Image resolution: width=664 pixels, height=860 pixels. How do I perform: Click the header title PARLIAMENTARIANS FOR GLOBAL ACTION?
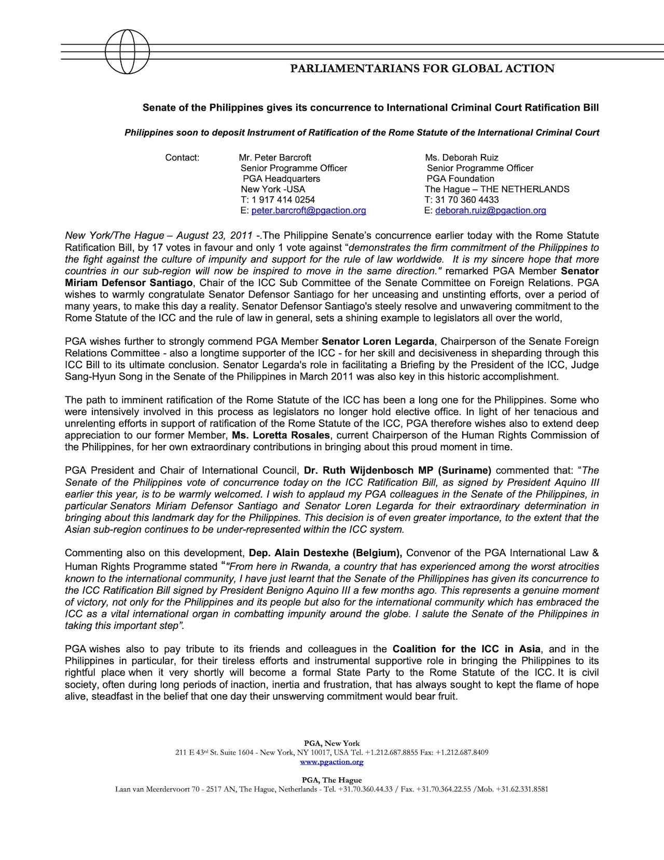(x=422, y=69)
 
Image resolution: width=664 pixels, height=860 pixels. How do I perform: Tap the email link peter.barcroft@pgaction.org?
(x=309, y=211)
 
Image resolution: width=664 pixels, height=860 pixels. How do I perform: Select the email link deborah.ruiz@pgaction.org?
(x=490, y=211)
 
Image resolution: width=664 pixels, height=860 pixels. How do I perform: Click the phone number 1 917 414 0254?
(x=283, y=200)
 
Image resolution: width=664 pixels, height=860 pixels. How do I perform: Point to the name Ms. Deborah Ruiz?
(x=461, y=157)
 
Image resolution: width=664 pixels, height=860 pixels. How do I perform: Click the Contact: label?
(x=182, y=157)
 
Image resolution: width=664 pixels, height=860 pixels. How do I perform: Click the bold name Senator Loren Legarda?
(x=378, y=342)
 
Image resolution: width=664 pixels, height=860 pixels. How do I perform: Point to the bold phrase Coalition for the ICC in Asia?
(x=466, y=649)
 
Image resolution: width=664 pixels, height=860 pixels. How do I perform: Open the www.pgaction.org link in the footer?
(x=332, y=762)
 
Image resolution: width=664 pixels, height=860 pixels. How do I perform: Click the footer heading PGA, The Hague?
(x=332, y=780)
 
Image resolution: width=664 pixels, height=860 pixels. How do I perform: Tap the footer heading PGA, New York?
(x=332, y=743)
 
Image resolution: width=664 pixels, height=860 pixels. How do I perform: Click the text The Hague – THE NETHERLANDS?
(x=496, y=190)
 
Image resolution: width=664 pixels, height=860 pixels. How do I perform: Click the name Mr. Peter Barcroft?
(x=275, y=157)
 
